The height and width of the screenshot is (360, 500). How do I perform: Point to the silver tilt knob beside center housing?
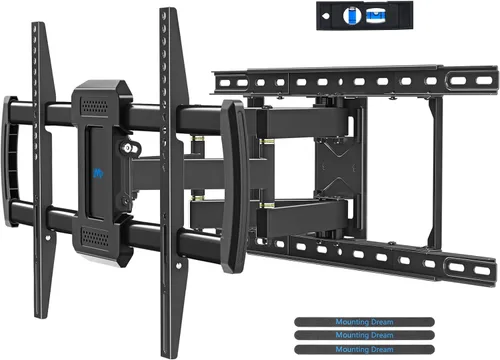point(126,150)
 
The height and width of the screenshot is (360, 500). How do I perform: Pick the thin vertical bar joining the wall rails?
point(437,170)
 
